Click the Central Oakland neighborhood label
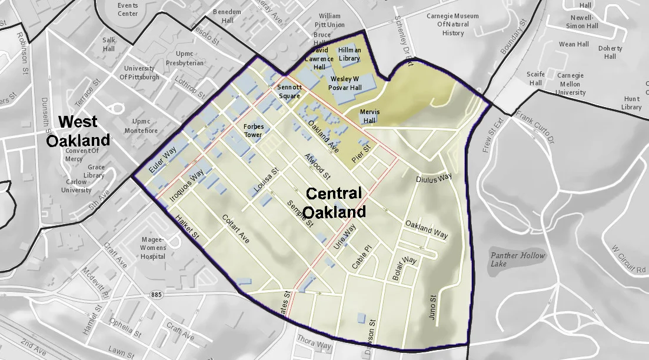[x=334, y=202]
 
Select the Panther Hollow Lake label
[x=518, y=259]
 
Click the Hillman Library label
[x=350, y=55]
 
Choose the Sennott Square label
[x=289, y=92]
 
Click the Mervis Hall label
[x=370, y=116]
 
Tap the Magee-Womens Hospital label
[x=153, y=248]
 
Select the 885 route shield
[x=156, y=294]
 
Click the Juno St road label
[x=434, y=306]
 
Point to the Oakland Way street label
[x=427, y=229]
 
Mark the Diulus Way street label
[x=434, y=178]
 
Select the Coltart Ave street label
[x=236, y=229]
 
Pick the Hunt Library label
[x=631, y=103]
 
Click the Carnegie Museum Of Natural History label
[x=453, y=25]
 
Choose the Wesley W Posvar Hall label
[x=345, y=83]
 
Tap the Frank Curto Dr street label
[x=535, y=125]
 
